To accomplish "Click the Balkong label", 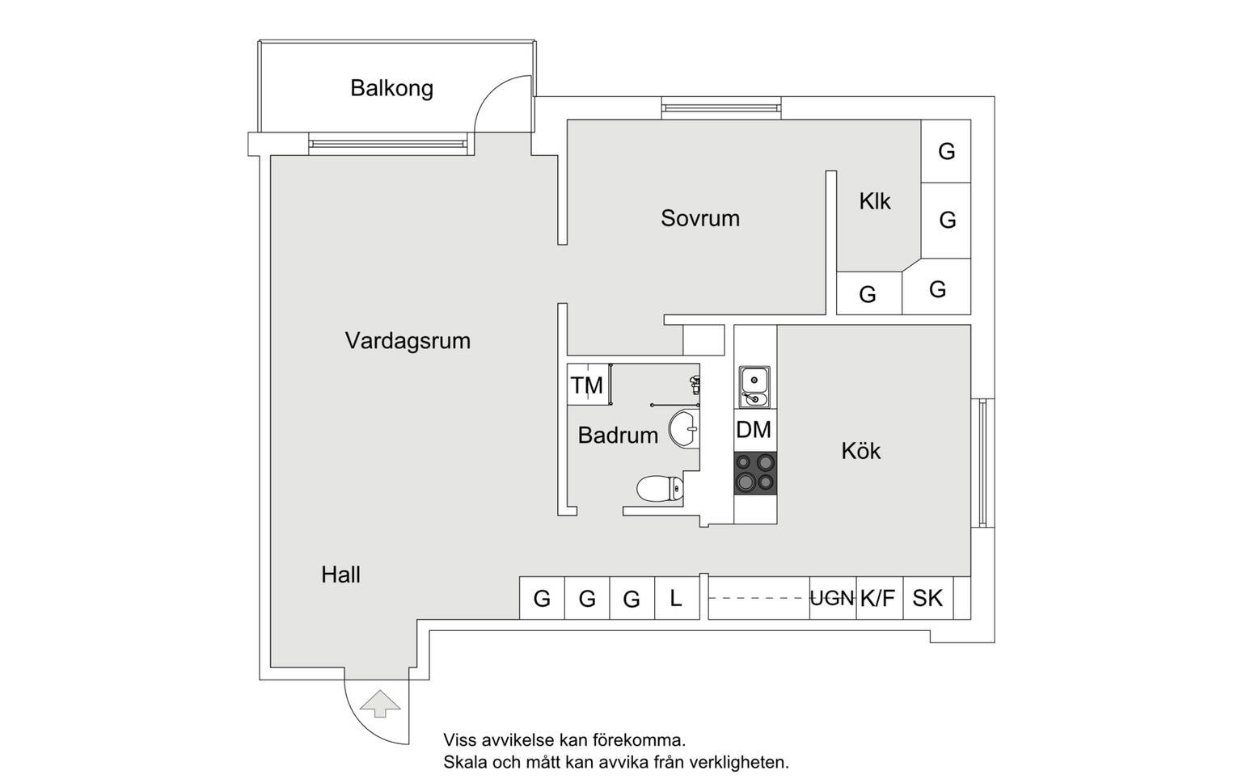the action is [391, 89].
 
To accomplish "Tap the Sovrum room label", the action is [699, 218].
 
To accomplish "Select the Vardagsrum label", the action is [408, 341].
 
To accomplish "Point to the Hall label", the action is [340, 575].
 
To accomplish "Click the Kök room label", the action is [860, 451].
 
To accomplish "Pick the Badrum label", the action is [618, 436].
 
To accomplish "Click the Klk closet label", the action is [874, 201].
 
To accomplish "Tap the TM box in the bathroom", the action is [588, 385].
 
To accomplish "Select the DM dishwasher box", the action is [755, 430].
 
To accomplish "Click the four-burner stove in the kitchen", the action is [755, 474].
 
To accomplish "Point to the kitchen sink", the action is [754, 387].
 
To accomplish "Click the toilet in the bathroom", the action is [660, 489].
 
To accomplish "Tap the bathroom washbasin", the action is [684, 428].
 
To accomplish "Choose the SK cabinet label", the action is [927, 599].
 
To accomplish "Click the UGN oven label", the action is [832, 599].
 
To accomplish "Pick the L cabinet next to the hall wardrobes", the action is [677, 598].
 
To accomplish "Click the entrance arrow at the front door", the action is [380, 704].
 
